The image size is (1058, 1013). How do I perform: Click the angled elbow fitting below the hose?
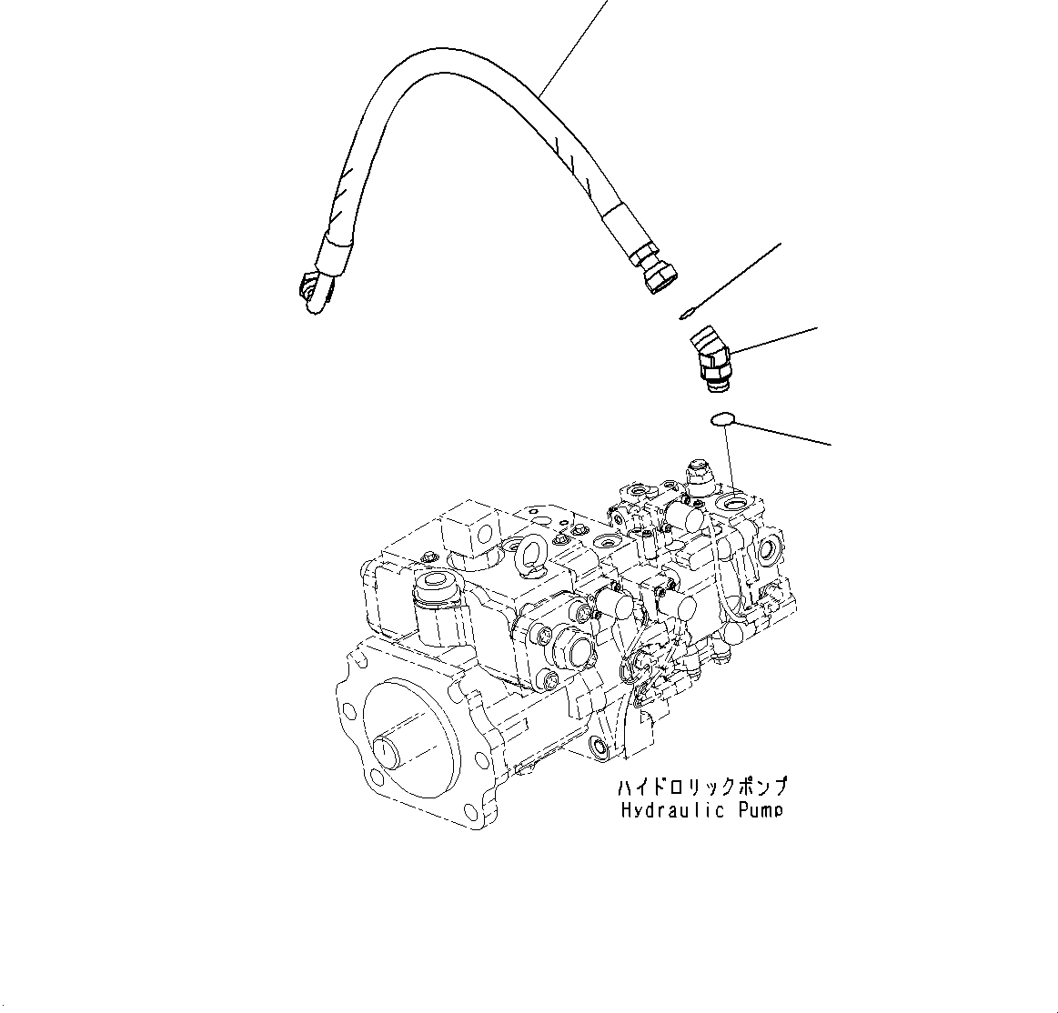(711, 361)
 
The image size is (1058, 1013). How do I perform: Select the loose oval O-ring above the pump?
(720, 419)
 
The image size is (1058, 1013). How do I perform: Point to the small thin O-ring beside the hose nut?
(683, 315)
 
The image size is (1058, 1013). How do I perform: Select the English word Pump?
(759, 809)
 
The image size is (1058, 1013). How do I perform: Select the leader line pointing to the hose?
(573, 45)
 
